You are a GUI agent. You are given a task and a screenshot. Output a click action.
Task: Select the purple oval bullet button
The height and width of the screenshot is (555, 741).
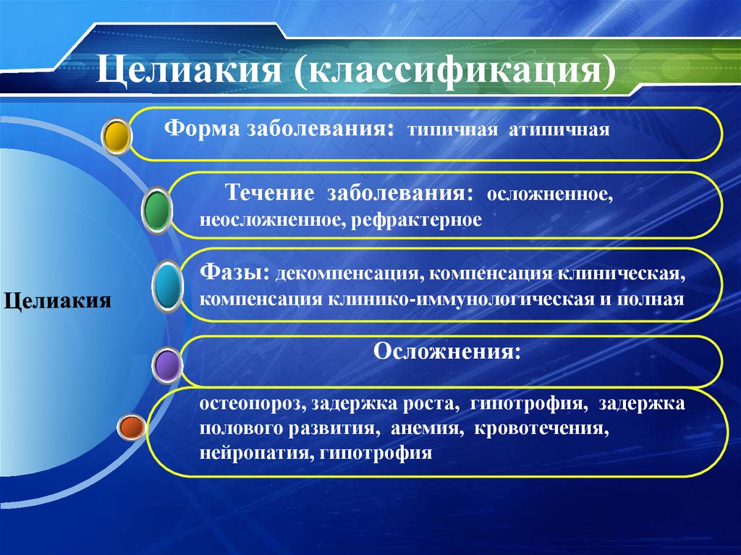point(167,365)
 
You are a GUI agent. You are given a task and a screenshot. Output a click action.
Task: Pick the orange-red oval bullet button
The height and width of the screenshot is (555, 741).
point(132,428)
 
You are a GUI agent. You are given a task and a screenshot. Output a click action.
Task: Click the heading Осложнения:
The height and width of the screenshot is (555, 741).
point(446,352)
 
